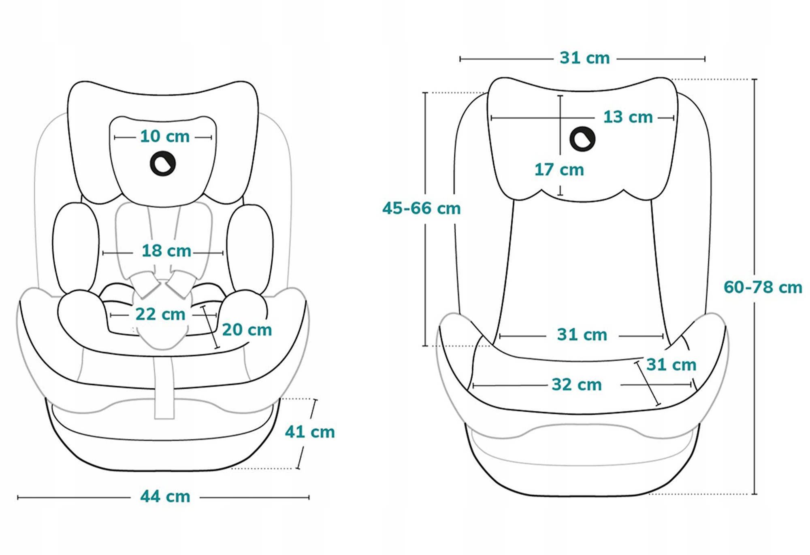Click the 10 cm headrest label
tap(165, 136)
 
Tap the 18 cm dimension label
tap(166, 251)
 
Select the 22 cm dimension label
tap(160, 314)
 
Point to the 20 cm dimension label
tap(247, 330)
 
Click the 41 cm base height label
tap(310, 432)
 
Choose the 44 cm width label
tap(165, 496)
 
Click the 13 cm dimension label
tap(628, 117)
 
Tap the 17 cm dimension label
tap(559, 170)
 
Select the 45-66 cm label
tap(421, 208)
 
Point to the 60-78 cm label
tap(763, 287)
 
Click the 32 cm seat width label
tap(577, 385)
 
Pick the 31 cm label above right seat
tap(584, 58)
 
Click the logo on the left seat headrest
tap(163, 164)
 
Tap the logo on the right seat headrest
tap(582, 139)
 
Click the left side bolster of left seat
tap(76, 247)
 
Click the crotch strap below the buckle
tap(164, 389)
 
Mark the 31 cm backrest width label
tap(582, 335)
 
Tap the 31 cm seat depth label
tap(671, 365)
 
